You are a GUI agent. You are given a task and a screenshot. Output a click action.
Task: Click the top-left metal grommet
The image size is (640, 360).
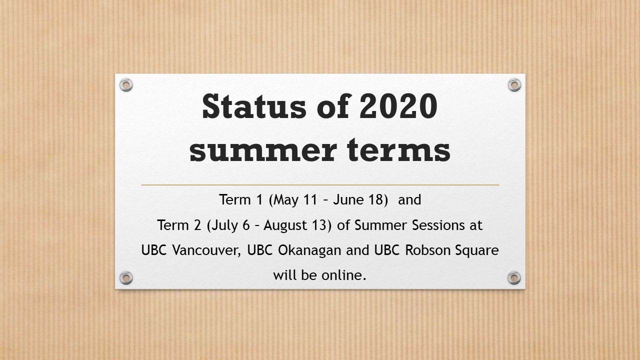point(126,85)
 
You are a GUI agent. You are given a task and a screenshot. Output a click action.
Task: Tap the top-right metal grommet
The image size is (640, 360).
point(514,85)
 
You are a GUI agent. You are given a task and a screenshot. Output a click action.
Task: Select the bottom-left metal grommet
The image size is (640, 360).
point(126,277)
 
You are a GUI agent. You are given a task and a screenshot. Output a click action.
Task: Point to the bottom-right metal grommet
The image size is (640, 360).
point(514,277)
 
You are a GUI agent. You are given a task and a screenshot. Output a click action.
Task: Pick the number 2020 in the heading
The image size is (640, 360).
point(398,106)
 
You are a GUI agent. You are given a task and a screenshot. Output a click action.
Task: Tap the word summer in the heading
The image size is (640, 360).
point(263,150)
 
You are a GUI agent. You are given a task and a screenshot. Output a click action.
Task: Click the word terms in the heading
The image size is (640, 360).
point(399,149)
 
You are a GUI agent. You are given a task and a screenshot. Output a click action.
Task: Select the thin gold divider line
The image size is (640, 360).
point(320,185)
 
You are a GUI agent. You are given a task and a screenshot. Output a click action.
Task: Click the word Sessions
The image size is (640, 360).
point(438,225)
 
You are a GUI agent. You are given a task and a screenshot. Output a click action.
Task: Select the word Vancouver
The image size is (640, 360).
point(206,250)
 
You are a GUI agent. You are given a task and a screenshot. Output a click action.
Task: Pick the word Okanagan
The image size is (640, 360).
point(309,251)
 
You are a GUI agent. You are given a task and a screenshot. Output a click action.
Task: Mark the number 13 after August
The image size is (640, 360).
point(319,225)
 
